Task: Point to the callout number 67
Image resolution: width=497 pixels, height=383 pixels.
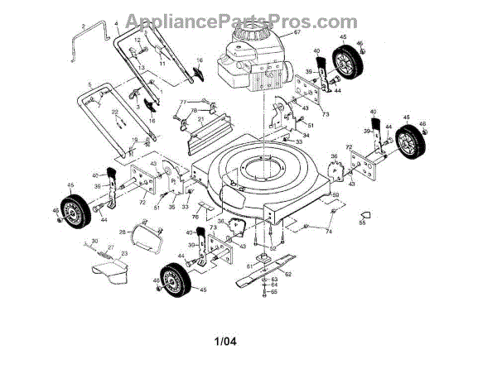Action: coord(296,33)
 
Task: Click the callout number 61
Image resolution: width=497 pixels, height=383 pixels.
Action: coord(248,266)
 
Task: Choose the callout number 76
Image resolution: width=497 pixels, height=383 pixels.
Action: coord(196,217)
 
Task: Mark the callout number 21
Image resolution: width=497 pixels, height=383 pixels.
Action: coord(200,119)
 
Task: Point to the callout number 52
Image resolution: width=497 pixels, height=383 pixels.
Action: coord(273,247)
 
